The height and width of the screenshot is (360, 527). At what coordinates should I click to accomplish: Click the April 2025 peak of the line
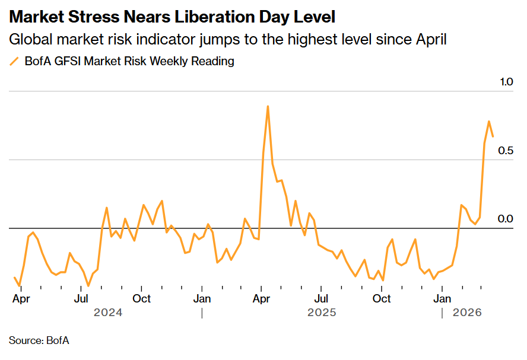(x=268, y=106)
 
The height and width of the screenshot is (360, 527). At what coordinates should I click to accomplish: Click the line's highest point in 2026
(x=489, y=122)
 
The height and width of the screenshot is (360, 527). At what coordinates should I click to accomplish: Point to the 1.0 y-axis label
(x=505, y=82)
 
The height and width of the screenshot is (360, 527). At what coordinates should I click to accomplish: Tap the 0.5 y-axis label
(x=505, y=151)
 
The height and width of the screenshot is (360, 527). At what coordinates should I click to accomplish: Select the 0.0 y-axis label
(x=505, y=219)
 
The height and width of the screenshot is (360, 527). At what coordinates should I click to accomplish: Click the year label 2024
(x=107, y=312)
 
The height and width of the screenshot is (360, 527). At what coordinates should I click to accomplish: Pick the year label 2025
(x=322, y=312)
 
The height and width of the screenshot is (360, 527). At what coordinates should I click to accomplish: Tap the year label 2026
(x=467, y=312)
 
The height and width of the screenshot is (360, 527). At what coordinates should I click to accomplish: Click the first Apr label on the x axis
(x=21, y=298)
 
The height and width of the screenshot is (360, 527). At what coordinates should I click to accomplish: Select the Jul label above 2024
(x=81, y=298)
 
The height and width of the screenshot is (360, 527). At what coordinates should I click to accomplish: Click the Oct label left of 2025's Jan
(x=141, y=298)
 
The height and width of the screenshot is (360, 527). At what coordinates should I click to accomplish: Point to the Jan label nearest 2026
(x=442, y=298)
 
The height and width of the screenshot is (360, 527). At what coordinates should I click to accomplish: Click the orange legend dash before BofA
(x=14, y=61)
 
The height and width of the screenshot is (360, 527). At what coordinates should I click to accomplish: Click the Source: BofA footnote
(x=39, y=340)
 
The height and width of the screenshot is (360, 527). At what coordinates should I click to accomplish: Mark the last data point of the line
(x=493, y=136)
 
